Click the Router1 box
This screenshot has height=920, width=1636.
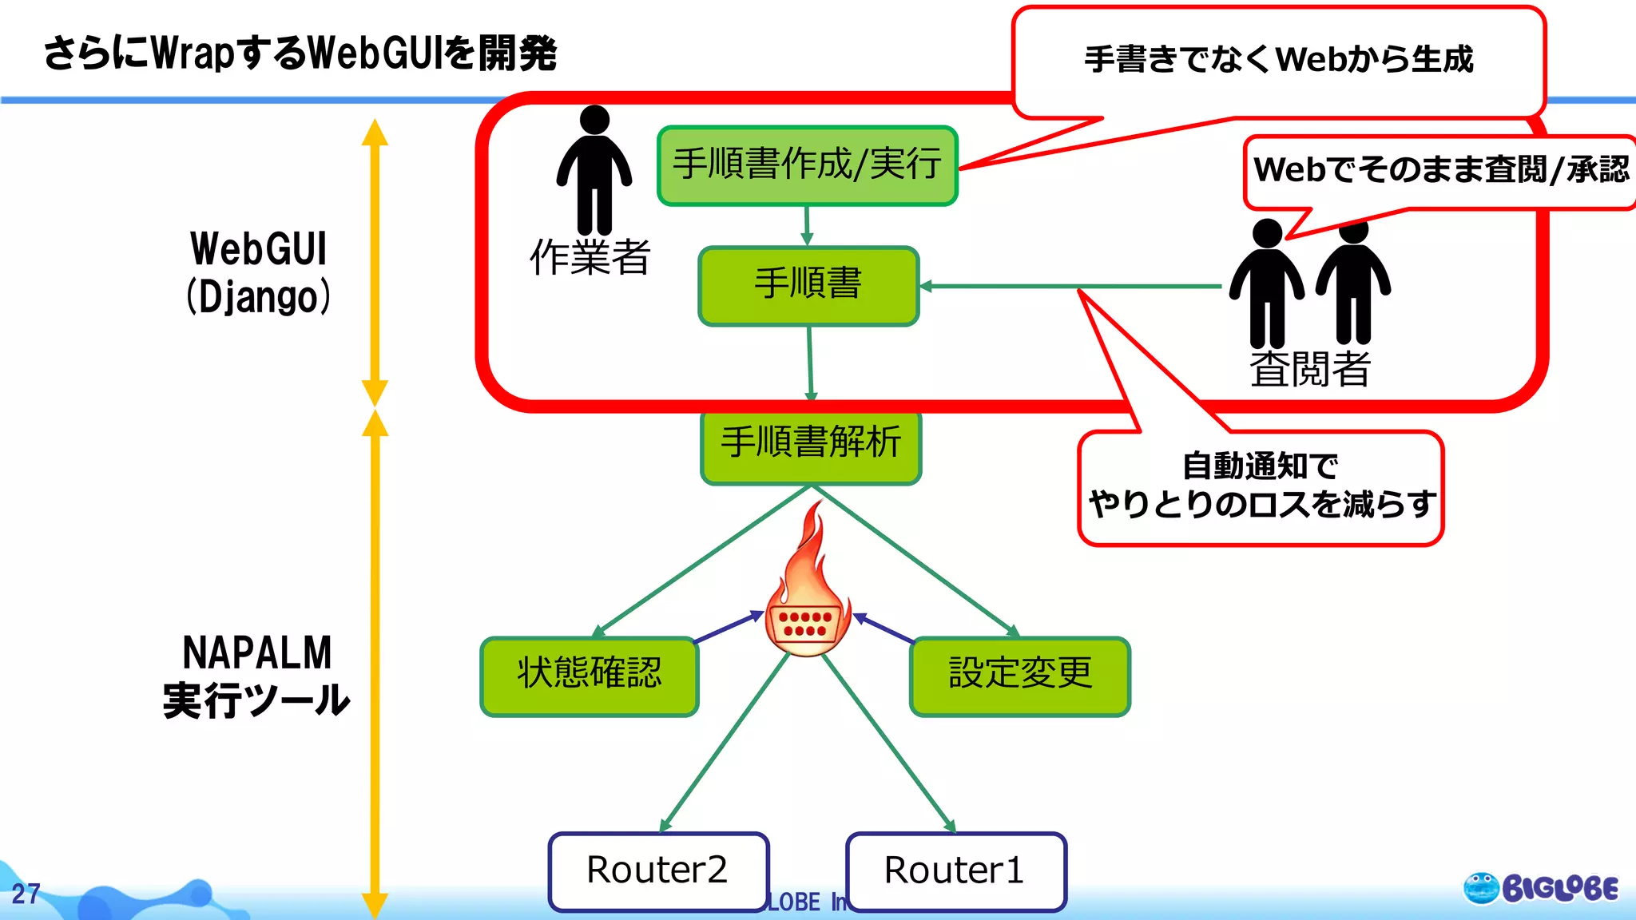(x=955, y=871)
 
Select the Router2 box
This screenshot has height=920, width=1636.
(x=658, y=871)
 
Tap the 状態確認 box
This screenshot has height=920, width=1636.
(x=590, y=676)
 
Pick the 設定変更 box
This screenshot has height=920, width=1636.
(x=1020, y=676)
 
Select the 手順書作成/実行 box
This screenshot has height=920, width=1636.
(x=807, y=165)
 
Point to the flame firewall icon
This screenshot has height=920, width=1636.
(x=807, y=591)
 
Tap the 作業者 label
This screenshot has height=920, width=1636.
(x=590, y=258)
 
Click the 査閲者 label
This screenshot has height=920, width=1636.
(x=1310, y=370)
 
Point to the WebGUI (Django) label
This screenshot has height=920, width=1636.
(x=258, y=272)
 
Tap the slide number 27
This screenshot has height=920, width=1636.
(x=26, y=894)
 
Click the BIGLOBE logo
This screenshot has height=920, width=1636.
(x=1541, y=888)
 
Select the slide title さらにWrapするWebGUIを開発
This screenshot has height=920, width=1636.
(x=300, y=54)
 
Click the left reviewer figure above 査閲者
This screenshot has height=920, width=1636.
(x=1267, y=284)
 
